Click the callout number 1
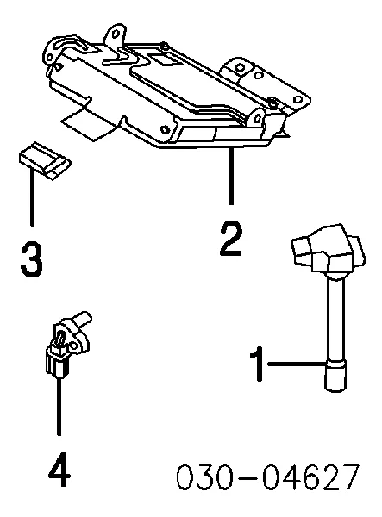[x=257, y=364]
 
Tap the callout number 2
[x=231, y=239]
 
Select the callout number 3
[x=32, y=259]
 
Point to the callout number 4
[x=59, y=470]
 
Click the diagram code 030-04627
[x=268, y=477]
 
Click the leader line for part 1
[x=297, y=364]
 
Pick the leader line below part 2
[x=232, y=176]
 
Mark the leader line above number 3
[x=32, y=196]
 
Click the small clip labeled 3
[x=45, y=160]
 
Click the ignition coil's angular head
[x=328, y=251]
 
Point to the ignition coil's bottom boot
[x=335, y=376]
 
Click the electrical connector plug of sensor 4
[x=58, y=362]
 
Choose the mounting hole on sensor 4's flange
[x=74, y=346]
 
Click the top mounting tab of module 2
[x=116, y=35]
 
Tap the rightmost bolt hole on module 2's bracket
[x=298, y=99]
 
